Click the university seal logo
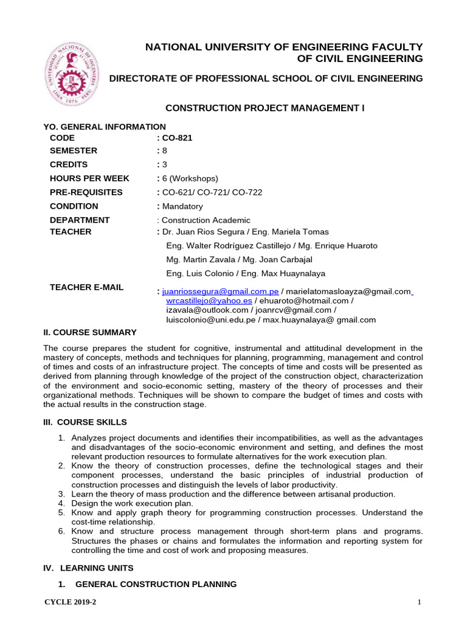(72, 75)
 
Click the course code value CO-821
(177, 137)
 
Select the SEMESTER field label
(73, 150)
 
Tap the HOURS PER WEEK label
(89, 178)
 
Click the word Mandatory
(182, 206)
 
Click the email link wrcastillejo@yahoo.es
(209, 301)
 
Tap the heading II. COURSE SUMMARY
(90, 332)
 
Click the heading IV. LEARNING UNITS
(88, 568)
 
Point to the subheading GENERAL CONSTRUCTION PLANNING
(156, 584)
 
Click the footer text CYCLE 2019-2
(71, 602)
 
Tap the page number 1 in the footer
(420, 602)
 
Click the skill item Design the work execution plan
(133, 503)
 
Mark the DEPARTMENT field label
(80, 220)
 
